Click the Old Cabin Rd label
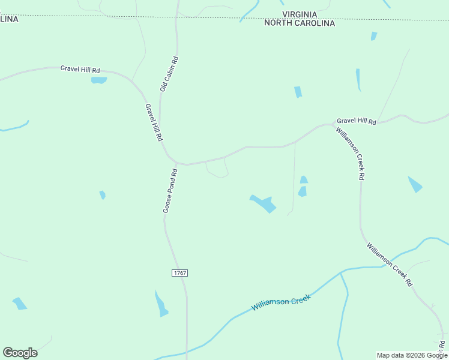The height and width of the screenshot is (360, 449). click(x=170, y=74)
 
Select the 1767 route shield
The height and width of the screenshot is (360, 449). click(x=179, y=273)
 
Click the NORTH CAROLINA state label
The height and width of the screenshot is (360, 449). click(x=300, y=23)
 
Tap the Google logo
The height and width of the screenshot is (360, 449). click(x=20, y=353)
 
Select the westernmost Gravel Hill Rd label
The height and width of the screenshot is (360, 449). click(x=80, y=69)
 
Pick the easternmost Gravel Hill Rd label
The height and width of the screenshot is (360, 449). click(x=356, y=121)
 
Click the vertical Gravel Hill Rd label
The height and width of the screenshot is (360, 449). click(x=154, y=122)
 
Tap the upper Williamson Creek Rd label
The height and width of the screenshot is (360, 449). click(x=351, y=154)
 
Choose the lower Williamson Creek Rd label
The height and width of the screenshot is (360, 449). click(x=390, y=264)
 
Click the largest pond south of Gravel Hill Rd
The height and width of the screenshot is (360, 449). click(x=263, y=203)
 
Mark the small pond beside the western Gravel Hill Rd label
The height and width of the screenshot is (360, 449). click(x=98, y=80)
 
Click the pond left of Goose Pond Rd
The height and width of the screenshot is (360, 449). click(x=103, y=194)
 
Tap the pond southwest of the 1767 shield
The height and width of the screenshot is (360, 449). click(x=161, y=304)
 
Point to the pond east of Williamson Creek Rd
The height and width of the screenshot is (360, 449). click(x=415, y=184)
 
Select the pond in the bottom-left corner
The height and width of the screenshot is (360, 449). click(x=20, y=304)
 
